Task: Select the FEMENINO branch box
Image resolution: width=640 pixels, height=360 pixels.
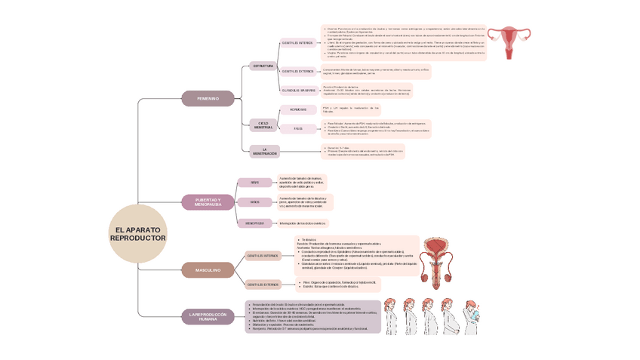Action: click(x=208, y=98)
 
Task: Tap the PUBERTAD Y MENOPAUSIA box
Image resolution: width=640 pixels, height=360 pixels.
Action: click(x=208, y=202)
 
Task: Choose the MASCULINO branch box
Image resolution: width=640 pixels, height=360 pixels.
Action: click(x=208, y=269)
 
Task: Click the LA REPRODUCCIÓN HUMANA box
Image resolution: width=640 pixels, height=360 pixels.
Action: click(x=208, y=316)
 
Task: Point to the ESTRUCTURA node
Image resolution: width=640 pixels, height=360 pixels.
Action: click(x=263, y=66)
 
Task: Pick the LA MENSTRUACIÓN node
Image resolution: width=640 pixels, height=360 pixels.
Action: click(x=264, y=151)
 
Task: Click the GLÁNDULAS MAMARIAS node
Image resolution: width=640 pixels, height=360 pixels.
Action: click(x=298, y=91)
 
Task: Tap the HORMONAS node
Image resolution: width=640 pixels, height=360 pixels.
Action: click(x=298, y=109)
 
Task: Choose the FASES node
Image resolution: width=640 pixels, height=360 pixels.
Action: click(x=298, y=128)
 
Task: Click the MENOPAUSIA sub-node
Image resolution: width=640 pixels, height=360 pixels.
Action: click(x=254, y=223)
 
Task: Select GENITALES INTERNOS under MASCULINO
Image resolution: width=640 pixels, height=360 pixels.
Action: click(x=263, y=256)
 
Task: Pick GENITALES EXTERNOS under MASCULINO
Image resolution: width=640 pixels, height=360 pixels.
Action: click(x=263, y=285)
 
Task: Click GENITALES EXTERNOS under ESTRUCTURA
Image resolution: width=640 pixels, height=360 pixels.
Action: click(x=298, y=72)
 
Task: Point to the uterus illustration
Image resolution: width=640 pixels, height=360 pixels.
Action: click(x=512, y=42)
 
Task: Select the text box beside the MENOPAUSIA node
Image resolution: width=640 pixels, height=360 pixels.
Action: click(x=303, y=223)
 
